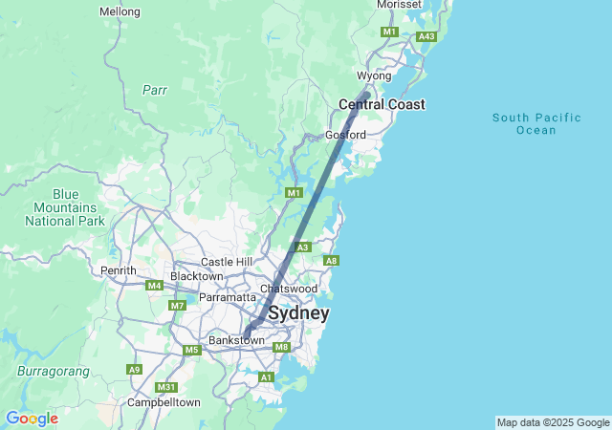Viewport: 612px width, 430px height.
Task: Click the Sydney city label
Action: [298, 313]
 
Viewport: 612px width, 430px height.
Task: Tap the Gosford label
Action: [345, 135]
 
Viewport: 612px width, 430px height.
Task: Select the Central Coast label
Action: [382, 104]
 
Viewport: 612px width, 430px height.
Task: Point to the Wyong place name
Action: [374, 75]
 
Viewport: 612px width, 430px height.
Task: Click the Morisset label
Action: [399, 5]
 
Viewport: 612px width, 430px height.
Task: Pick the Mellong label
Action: [120, 11]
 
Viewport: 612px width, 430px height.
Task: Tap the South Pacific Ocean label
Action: [536, 123]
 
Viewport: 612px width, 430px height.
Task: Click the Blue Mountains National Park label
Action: [65, 207]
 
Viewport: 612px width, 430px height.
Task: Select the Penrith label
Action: [119, 270]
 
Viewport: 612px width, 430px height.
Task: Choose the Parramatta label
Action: [226, 297]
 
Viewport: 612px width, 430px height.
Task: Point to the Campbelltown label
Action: [164, 402]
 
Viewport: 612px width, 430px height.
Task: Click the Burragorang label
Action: [53, 370]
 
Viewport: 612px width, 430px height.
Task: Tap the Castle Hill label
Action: [227, 262]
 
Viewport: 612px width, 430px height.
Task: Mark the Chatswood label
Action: [289, 288]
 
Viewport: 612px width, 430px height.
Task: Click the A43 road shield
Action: [426, 36]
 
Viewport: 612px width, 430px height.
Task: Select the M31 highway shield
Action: [166, 387]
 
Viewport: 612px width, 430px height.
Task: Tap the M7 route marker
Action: [176, 305]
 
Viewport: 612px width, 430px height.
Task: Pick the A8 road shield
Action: [331, 261]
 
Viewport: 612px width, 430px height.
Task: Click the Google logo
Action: [32, 419]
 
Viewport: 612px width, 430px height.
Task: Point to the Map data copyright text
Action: [553, 422]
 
